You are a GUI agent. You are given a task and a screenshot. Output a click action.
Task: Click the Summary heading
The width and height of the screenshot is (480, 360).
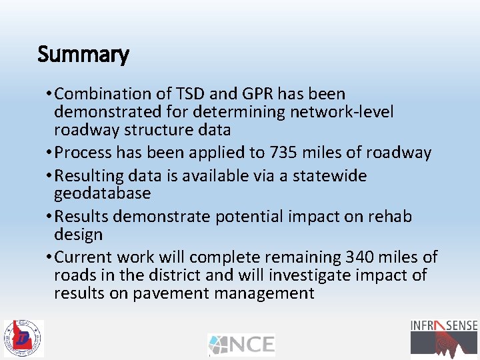pyautogui.click(x=83, y=54)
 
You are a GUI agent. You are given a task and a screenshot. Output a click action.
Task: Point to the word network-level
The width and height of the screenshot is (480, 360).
pyautogui.click(x=341, y=112)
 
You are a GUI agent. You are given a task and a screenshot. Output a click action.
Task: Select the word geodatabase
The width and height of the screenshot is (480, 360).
pyautogui.click(x=103, y=194)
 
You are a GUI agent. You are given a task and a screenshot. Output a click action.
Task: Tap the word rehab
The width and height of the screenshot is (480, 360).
pyautogui.click(x=389, y=217)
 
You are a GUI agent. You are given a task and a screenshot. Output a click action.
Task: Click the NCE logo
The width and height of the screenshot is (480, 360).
pyautogui.click(x=241, y=345)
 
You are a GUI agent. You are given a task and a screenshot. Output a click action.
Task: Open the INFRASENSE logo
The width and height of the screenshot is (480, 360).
pyautogui.click(x=443, y=337)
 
